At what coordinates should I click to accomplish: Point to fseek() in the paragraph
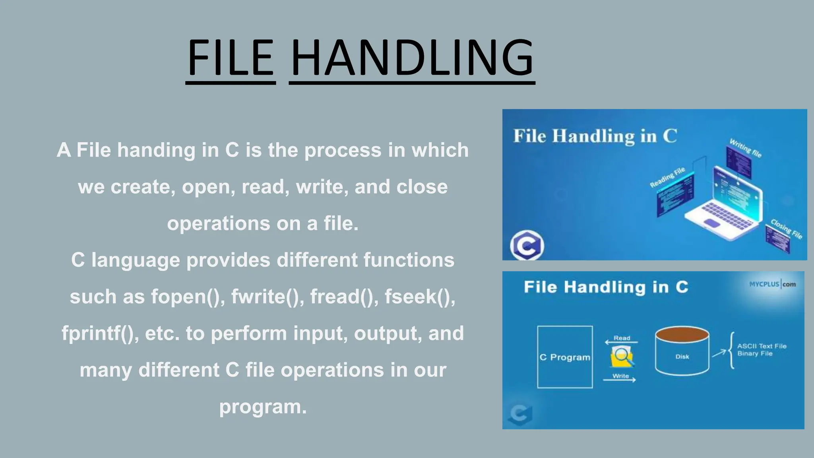(x=420, y=297)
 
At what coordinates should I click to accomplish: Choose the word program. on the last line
(x=263, y=406)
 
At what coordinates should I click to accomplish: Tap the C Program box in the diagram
(x=565, y=357)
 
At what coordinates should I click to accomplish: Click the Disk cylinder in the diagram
(x=682, y=352)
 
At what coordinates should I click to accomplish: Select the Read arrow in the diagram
(x=621, y=342)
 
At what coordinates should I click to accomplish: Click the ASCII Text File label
(x=762, y=346)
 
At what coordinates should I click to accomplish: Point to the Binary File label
(x=755, y=353)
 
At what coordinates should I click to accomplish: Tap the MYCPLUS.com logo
(x=772, y=284)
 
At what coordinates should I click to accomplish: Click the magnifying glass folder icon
(x=622, y=357)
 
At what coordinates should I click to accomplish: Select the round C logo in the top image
(x=527, y=246)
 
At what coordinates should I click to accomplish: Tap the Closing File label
(x=786, y=229)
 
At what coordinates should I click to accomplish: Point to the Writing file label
(x=745, y=147)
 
